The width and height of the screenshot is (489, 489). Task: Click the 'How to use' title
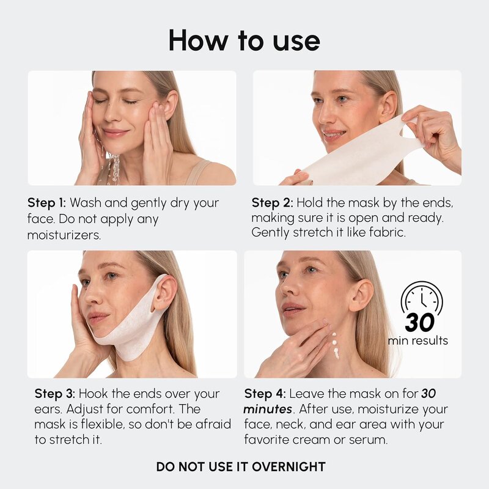[x=244, y=40]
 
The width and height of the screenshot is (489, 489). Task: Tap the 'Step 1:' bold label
[x=47, y=203]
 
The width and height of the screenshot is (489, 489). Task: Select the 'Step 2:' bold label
[x=272, y=203]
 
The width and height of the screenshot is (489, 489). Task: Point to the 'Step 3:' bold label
[x=55, y=394]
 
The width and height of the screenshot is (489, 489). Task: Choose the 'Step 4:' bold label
[x=265, y=394]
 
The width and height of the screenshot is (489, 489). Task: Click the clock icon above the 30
[x=422, y=297]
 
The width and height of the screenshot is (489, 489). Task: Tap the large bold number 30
[x=420, y=323]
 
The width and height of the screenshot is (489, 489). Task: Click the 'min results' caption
[x=418, y=340]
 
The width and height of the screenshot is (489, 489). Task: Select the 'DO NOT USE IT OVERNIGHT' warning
[x=241, y=467]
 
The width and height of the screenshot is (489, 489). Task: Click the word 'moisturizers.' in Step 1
[x=64, y=235]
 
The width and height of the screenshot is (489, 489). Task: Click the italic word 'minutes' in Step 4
[x=268, y=409]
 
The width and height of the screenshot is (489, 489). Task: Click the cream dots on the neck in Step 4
[x=335, y=345]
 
